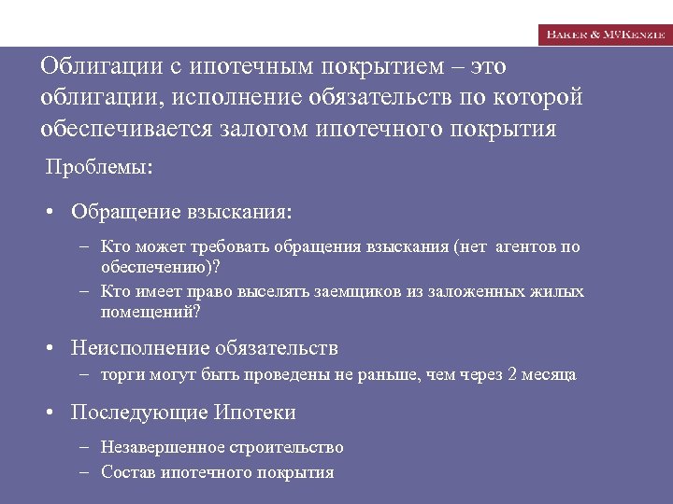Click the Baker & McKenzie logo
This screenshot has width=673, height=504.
tap(605, 34)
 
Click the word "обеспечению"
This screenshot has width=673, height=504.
tap(156, 266)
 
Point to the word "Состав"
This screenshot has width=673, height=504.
tap(128, 472)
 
